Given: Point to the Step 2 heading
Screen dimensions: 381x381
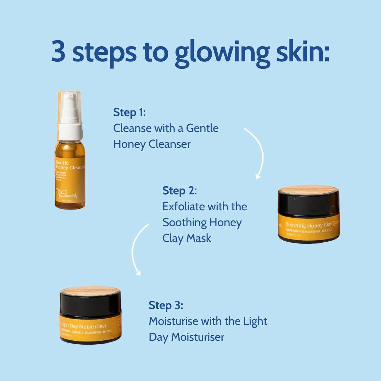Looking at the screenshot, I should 179,191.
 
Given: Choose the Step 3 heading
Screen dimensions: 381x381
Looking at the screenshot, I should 166,305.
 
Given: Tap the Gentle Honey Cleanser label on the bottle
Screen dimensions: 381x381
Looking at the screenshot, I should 70,165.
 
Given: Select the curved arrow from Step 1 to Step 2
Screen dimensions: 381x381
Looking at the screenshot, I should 257,152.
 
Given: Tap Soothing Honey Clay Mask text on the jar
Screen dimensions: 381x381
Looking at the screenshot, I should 312,224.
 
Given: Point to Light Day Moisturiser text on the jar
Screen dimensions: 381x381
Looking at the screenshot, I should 83,326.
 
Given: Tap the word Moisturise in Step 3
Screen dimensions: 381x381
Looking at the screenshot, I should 173,321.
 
